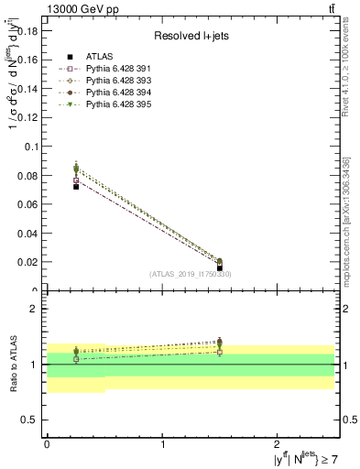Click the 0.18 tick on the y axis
tap(27, 30)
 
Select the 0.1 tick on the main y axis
tap(30, 147)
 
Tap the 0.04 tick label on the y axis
tap(27, 234)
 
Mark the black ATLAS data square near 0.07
tap(76, 186)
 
